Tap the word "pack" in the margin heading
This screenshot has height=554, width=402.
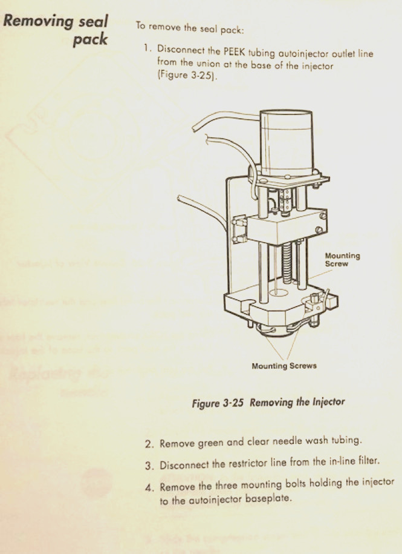pyautogui.click(x=91, y=39)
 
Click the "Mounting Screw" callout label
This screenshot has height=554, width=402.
pyautogui.click(x=342, y=260)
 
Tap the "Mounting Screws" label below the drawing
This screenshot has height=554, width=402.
pyautogui.click(x=284, y=366)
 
